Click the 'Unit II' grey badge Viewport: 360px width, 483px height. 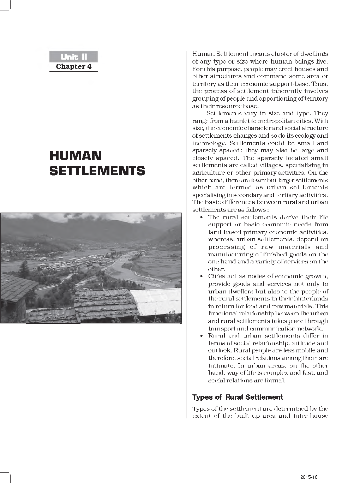click(73, 57)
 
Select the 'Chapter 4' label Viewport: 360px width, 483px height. click(73, 66)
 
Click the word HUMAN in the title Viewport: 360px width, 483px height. click(76, 156)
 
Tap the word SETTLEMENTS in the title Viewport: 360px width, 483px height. click(97, 171)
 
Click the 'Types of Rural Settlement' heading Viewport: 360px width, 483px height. click(237, 397)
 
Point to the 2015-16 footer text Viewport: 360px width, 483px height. click(309, 477)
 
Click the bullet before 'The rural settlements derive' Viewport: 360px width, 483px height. click(201, 217)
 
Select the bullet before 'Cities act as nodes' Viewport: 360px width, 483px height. click(201, 276)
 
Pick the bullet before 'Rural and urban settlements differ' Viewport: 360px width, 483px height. click(201, 336)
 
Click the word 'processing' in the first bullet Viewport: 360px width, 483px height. click(226, 247)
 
